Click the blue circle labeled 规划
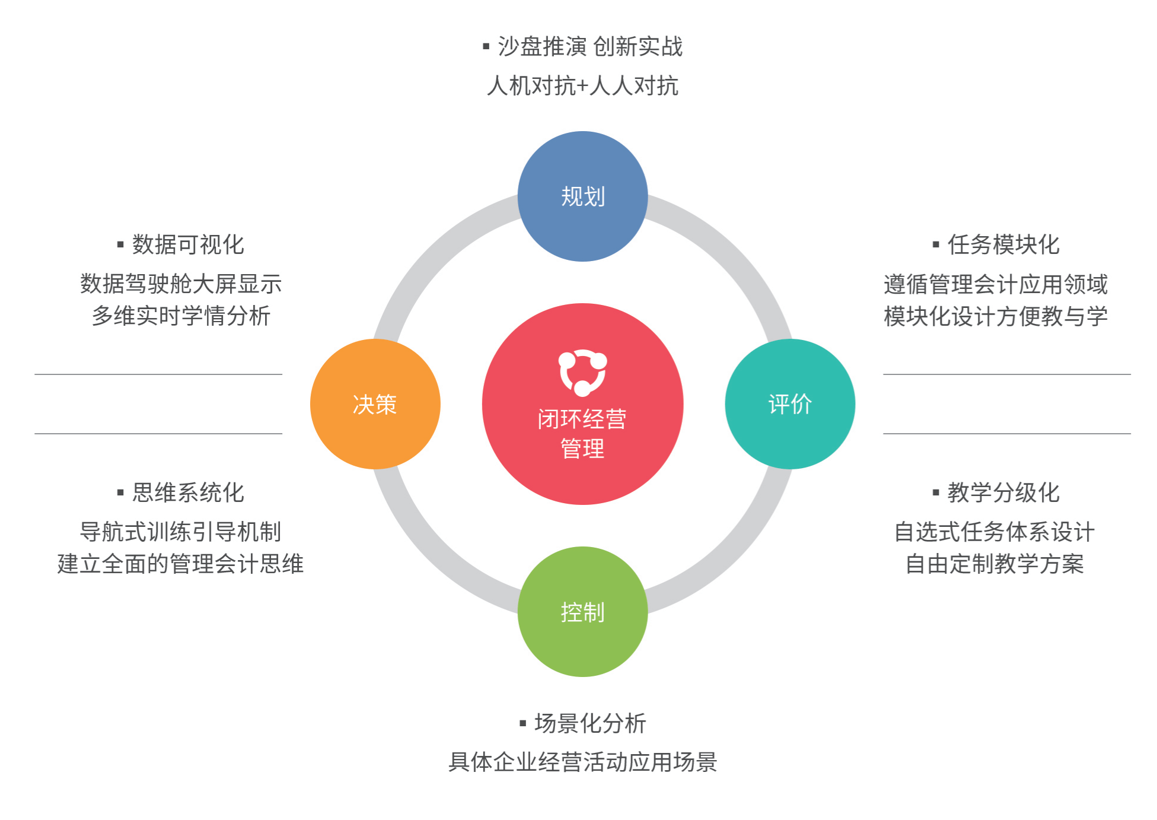(582, 196)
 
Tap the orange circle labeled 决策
(375, 404)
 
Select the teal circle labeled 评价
(789, 404)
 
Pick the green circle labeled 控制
(582, 612)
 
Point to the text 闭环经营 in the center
(582, 419)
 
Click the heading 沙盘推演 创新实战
(590, 46)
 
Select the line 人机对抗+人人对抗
(582, 86)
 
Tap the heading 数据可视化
(188, 244)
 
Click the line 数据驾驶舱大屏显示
(181, 284)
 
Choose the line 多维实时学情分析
(181, 316)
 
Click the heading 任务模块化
(1003, 244)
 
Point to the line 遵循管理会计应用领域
(995, 284)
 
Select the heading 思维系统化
(188, 492)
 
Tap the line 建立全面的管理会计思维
(180, 564)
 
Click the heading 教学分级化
(1003, 492)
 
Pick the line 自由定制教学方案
(995, 564)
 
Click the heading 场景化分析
(590, 723)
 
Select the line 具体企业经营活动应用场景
(582, 762)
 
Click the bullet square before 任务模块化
(936, 244)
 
